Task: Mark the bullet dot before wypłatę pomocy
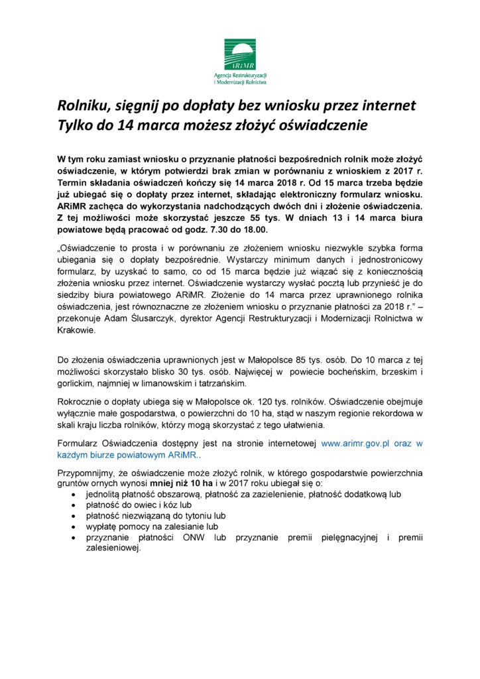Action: click(73, 526)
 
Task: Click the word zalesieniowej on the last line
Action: click(113, 549)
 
